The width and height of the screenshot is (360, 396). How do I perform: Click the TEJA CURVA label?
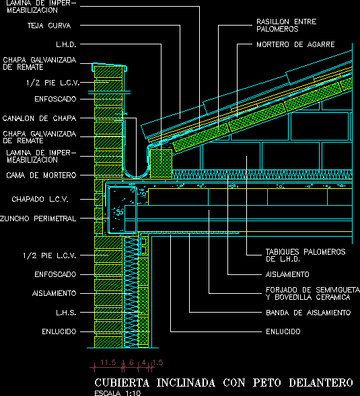pos(49,26)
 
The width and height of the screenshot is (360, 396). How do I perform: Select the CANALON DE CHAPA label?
pos(39,118)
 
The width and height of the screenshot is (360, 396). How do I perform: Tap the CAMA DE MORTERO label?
pos(41,175)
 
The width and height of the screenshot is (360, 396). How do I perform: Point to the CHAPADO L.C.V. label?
pos(40,199)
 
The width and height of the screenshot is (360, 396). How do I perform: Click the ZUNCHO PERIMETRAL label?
pos(38,219)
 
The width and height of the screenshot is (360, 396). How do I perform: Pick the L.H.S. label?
pos(66,313)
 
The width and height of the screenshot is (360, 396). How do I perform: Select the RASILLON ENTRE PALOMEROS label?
pos(286,26)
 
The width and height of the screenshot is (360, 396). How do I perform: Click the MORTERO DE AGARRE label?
pos(295,44)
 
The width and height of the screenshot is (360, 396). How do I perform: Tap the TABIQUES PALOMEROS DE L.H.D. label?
pos(305,255)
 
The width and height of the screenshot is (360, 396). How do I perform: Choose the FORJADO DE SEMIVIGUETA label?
pos(313,290)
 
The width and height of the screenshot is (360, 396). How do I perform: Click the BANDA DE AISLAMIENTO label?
pos(308,313)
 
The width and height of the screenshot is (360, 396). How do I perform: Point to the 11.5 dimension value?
pos(108,362)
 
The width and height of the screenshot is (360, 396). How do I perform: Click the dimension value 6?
pos(131,362)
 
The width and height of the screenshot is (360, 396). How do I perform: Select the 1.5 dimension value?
pos(157,362)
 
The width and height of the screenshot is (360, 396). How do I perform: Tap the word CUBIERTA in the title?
pos(122,383)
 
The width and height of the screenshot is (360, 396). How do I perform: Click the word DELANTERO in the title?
pos(321,383)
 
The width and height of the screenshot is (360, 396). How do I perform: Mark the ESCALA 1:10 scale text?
pos(117,393)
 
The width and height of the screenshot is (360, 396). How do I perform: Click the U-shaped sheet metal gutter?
pos(136,176)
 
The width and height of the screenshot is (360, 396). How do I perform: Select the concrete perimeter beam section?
pos(122,210)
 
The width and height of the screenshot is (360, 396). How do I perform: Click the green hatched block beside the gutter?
pos(161,163)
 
